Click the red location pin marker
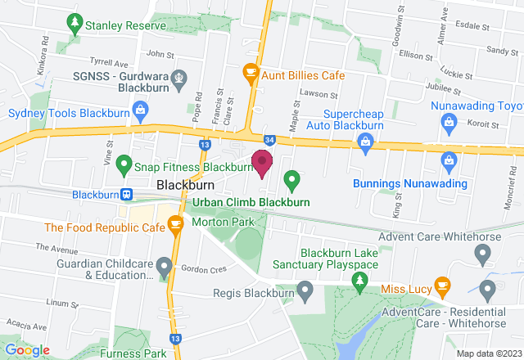(262, 162)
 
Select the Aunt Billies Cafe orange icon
(251, 74)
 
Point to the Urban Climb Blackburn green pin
(291, 179)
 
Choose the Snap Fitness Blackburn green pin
(124, 166)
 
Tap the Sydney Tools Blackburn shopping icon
(141, 108)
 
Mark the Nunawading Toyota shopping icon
(448, 122)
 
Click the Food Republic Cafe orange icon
(175, 222)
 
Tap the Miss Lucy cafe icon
(443, 287)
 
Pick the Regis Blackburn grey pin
(305, 289)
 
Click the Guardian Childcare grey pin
(164, 265)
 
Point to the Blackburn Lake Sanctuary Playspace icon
(359, 280)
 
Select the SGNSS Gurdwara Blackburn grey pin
(182, 79)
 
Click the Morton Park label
(223, 222)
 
